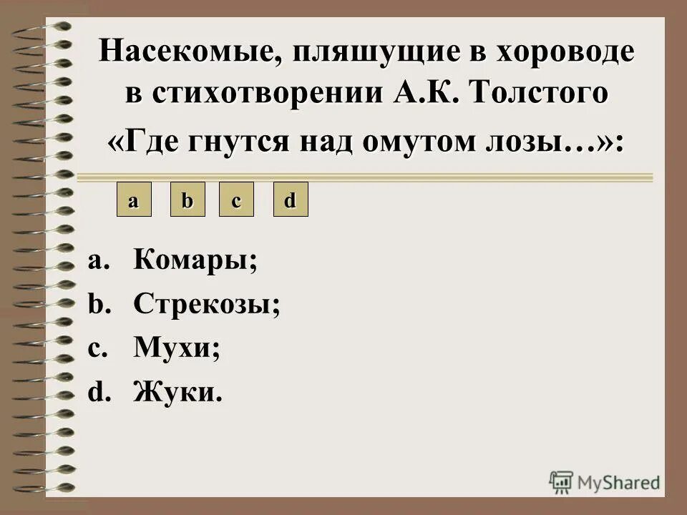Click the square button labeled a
(x=134, y=200)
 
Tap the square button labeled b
(x=187, y=200)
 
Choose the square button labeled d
(x=291, y=200)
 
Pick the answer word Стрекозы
(x=206, y=305)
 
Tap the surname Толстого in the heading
(x=540, y=95)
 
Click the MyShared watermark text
(x=620, y=481)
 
